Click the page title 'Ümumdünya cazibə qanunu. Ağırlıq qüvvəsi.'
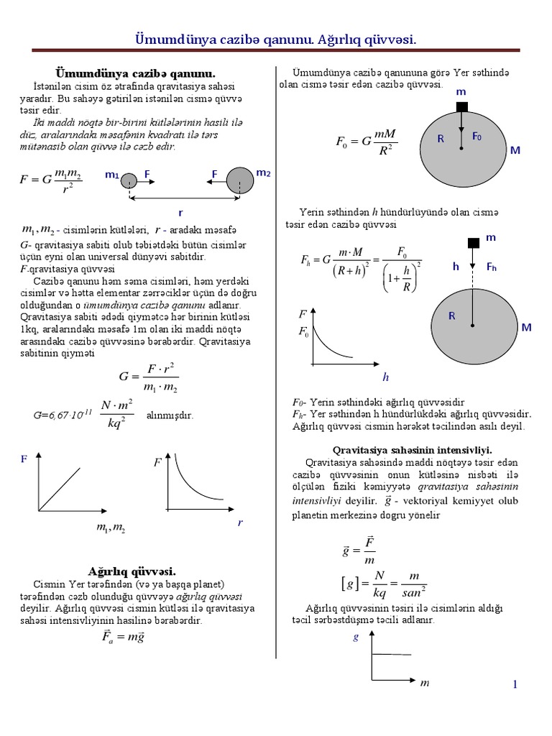point(276,38)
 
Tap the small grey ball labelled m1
point(129,180)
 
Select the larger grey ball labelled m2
point(239,180)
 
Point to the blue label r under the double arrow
point(180,213)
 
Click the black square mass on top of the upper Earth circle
point(461,107)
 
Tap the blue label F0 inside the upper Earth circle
point(477,137)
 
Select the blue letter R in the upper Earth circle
point(441,139)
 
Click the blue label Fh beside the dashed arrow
point(492,267)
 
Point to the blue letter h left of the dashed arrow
point(456,267)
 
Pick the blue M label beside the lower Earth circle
point(526,328)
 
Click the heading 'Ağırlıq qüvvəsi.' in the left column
point(132,571)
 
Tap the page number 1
point(515,684)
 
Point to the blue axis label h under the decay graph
point(385,377)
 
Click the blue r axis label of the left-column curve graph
point(240,523)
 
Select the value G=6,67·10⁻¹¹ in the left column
point(63,415)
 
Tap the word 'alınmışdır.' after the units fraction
point(170,415)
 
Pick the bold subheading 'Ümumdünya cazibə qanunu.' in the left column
point(136,73)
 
